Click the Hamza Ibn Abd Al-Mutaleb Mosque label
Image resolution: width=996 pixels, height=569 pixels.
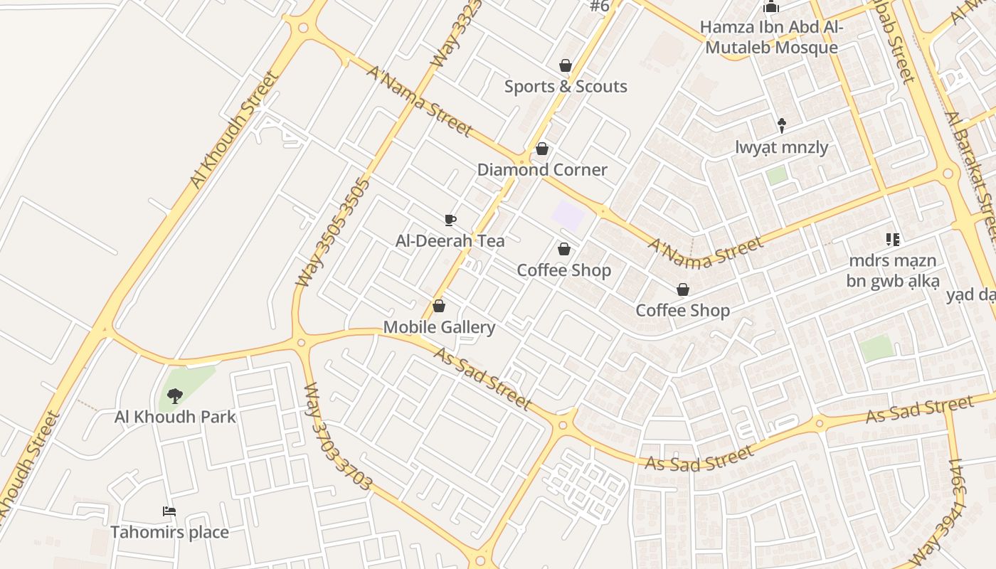point(771,38)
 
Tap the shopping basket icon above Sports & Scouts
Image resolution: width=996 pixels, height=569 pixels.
point(566,65)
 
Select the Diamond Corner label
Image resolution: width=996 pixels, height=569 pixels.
point(542,169)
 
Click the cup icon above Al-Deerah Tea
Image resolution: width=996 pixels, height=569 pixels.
point(450,220)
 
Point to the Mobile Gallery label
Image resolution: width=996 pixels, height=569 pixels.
point(439,327)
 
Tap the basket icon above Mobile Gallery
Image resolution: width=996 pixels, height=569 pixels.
point(439,306)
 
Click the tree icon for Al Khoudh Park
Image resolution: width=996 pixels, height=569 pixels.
point(174,395)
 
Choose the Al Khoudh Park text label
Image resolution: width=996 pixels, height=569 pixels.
point(175,416)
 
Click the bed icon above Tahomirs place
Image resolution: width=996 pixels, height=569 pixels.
point(169,511)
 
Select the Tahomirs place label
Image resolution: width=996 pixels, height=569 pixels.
point(169,532)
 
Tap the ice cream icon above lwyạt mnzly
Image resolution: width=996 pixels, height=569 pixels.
point(782,126)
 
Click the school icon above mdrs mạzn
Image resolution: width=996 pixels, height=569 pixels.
point(892,240)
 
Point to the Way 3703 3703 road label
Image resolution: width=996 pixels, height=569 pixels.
point(337,437)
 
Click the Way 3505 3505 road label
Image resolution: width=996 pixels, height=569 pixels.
point(333,233)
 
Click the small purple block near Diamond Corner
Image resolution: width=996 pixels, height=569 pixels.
point(568,216)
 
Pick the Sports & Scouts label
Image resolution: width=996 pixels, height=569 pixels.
point(566,87)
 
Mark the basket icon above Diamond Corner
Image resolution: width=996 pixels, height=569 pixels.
point(542,149)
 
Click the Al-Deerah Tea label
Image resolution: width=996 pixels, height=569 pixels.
point(450,240)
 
